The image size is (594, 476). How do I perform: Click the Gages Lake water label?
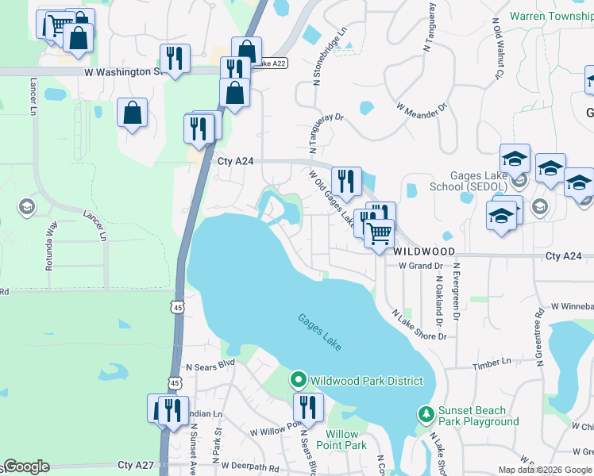(320, 332)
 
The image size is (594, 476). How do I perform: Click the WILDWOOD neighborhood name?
(425, 251)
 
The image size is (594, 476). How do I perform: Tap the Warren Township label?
(550, 16)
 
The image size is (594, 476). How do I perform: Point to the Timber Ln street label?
(492, 363)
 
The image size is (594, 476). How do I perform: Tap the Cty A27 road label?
(135, 465)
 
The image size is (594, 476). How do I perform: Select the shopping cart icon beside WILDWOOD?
(380, 232)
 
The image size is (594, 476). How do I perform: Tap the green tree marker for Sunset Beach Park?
(426, 414)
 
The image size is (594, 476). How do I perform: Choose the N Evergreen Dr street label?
(457, 296)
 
